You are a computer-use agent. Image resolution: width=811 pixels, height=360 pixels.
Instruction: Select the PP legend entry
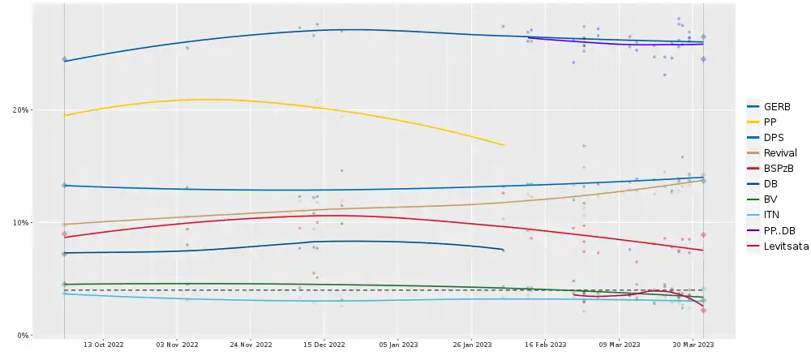[770, 122]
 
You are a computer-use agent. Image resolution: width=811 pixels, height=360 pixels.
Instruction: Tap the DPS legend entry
[774, 137]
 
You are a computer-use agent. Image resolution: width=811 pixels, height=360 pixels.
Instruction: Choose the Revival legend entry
[779, 152]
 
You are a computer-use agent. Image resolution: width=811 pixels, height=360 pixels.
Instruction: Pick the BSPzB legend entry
[779, 168]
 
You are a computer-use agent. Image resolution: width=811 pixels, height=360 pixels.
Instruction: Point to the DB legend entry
[770, 183]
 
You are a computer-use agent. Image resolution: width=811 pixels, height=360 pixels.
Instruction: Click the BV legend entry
[770, 199]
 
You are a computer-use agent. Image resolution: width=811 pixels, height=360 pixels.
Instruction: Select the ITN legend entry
[772, 215]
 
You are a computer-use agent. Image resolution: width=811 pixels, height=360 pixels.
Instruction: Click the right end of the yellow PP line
[504, 145]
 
